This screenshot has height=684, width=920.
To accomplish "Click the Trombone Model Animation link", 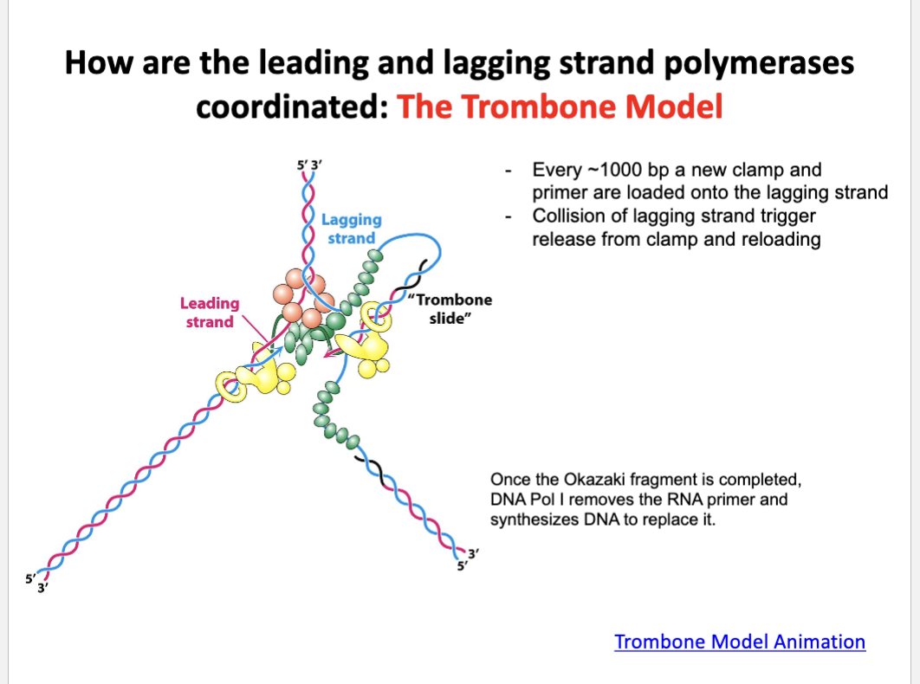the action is [x=739, y=642].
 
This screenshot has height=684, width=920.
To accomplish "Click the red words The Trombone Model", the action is [x=559, y=106].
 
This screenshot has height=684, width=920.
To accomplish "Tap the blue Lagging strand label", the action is [x=352, y=229].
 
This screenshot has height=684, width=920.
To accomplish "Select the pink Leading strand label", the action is [x=210, y=313].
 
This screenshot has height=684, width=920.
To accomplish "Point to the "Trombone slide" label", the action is [x=450, y=309].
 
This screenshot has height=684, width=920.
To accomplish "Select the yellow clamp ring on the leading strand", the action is [x=231, y=387].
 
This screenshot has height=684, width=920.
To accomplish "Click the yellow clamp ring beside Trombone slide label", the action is [x=375, y=317].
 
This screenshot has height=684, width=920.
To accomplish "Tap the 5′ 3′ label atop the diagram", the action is [x=309, y=165].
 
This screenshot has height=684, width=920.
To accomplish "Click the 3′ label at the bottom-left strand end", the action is [x=42, y=588].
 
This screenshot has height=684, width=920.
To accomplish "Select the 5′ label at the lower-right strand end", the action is [x=463, y=566].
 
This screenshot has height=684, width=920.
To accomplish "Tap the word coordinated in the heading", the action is [x=292, y=107].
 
